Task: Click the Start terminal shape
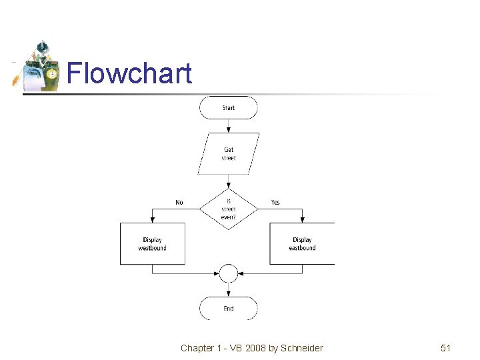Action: click(x=229, y=107)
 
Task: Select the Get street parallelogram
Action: click(x=229, y=154)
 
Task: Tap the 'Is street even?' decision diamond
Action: click(x=229, y=209)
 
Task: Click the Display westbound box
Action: click(x=153, y=244)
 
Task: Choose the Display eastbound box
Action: click(x=302, y=244)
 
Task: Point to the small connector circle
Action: click(x=229, y=273)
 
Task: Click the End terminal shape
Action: click(x=229, y=309)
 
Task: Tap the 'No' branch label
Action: click(x=179, y=202)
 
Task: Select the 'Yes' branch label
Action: click(x=275, y=202)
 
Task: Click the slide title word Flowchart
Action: click(x=129, y=73)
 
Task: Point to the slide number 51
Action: click(x=445, y=348)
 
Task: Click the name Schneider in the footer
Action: click(x=301, y=348)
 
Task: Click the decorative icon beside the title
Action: click(x=37, y=67)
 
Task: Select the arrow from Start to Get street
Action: click(x=229, y=126)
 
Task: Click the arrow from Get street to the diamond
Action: click(x=229, y=181)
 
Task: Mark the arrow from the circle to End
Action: click(x=229, y=290)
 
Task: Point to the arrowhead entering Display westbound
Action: click(x=153, y=219)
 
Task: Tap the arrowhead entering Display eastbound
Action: click(x=302, y=219)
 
